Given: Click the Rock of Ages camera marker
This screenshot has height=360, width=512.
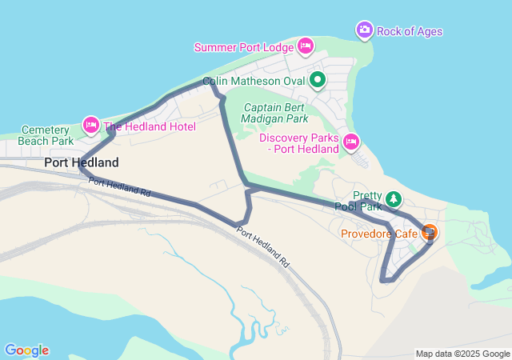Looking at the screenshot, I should [x=364, y=30].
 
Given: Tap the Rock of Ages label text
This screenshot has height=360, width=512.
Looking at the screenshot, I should [x=410, y=32].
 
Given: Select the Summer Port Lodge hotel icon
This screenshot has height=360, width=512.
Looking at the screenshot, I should [x=305, y=46].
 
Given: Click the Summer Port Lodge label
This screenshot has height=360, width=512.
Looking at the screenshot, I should [x=243, y=47].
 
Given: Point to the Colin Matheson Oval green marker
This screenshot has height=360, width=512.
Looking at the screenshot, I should [x=318, y=79].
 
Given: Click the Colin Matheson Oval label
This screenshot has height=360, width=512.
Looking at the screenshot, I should [x=254, y=81].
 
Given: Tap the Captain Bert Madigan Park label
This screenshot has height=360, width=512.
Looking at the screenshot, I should [x=276, y=113].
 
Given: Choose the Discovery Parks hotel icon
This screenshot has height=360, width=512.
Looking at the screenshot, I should [x=350, y=142].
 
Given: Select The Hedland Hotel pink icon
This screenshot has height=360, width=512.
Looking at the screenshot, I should [x=90, y=125].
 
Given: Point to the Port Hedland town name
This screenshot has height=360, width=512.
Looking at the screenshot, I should [x=82, y=162].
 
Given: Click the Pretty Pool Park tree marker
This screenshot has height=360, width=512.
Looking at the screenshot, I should [x=393, y=198].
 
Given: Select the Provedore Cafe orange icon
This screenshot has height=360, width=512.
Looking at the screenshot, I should [x=430, y=233].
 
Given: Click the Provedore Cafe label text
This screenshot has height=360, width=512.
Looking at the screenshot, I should [x=379, y=234].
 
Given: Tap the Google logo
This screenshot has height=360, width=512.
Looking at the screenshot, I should [x=26, y=350].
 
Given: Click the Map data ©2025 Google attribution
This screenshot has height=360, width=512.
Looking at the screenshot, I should [x=462, y=354].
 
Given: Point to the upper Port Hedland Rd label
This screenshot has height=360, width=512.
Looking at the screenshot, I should [x=119, y=189].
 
